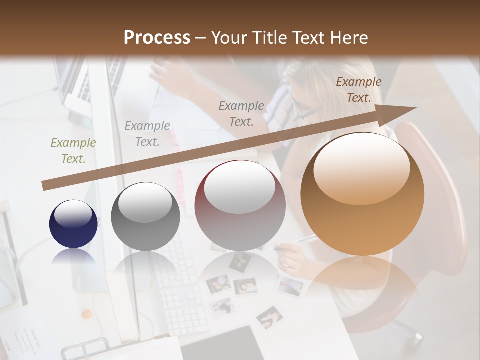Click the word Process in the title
click(157, 37)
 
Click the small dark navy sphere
click(73, 224)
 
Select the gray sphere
click(145, 217)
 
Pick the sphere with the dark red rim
click(240, 206)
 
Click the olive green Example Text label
click(73, 150)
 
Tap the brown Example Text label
click(358, 89)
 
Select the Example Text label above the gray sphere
click(147, 133)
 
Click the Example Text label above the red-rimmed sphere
click(241, 113)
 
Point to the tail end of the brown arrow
click(45, 185)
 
